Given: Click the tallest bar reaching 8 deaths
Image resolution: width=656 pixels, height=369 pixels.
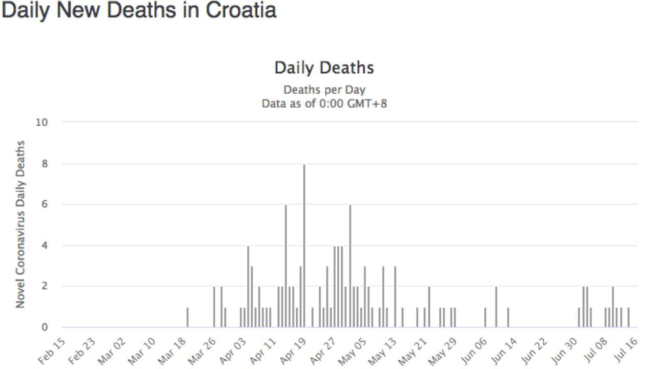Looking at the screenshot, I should click(x=304, y=246).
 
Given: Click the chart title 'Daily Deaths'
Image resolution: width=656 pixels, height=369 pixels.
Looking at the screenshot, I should click(x=324, y=68).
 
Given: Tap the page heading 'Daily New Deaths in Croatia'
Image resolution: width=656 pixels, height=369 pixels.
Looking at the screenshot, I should click(x=139, y=10).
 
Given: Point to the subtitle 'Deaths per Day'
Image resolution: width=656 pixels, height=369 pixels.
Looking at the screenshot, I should click(x=324, y=90).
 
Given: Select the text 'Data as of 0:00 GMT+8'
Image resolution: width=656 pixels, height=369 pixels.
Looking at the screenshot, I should click(x=324, y=104).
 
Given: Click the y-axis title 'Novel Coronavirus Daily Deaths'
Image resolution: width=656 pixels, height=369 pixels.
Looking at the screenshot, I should click(x=20, y=224).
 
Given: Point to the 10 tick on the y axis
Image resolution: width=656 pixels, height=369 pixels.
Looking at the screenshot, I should click(x=41, y=122).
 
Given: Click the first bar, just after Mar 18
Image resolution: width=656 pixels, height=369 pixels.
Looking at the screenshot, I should click(x=188, y=318).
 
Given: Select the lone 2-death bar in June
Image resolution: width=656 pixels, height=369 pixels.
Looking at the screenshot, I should click(x=496, y=307).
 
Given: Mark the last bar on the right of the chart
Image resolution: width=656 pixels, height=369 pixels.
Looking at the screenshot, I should click(x=628, y=318).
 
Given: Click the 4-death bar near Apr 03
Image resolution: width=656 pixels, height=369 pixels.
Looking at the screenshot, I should click(x=248, y=287).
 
